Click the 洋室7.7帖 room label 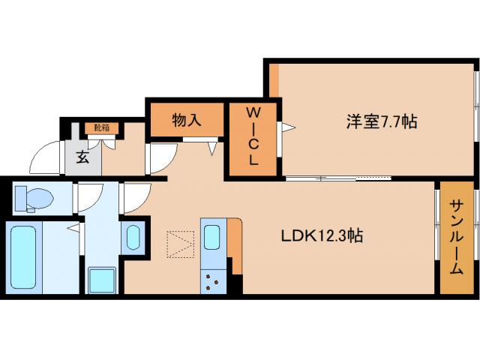[x=381, y=121]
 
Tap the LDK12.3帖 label [x=322, y=235]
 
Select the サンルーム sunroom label [x=456, y=237]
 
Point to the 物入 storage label [x=187, y=119]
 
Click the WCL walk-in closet [x=253, y=136]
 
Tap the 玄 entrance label [x=81, y=157]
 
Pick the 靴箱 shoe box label [x=102, y=127]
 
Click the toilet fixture [x=34, y=199]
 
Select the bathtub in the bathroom [x=24, y=255]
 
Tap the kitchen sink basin [x=212, y=238]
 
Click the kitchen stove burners [x=213, y=282]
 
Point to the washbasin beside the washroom [x=134, y=237]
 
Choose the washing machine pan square [x=101, y=280]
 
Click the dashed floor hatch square [x=180, y=244]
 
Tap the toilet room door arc [x=87, y=198]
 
